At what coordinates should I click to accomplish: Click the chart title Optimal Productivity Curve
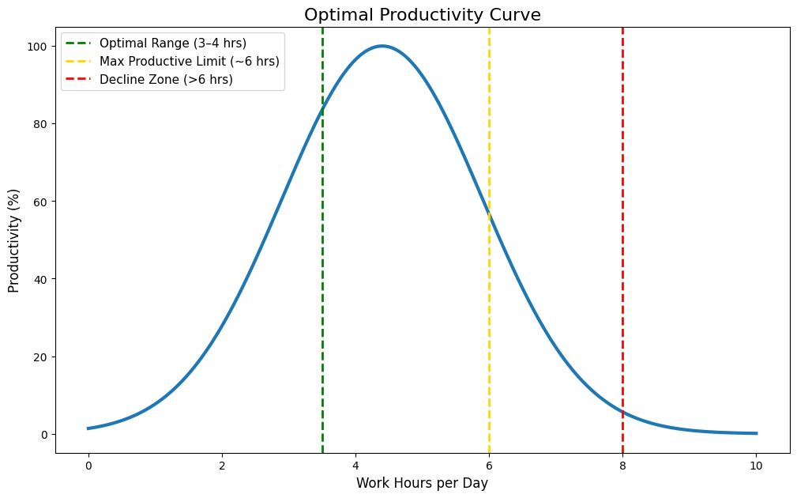pos(422,15)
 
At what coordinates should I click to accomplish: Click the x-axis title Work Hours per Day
pos(422,483)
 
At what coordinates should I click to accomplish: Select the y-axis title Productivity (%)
pos(14,240)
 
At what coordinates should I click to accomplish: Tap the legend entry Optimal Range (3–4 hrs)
pos(172,43)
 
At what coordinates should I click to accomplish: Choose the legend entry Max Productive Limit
pos(189,61)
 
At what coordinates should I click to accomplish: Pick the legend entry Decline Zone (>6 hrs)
pos(166,79)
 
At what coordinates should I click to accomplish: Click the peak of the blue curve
pos(382,46)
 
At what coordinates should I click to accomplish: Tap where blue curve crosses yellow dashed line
pos(489,215)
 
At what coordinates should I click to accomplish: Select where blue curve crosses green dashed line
pos(322,107)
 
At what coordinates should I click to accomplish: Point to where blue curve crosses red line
pos(622,412)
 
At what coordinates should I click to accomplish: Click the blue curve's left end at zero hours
pos(88,428)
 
